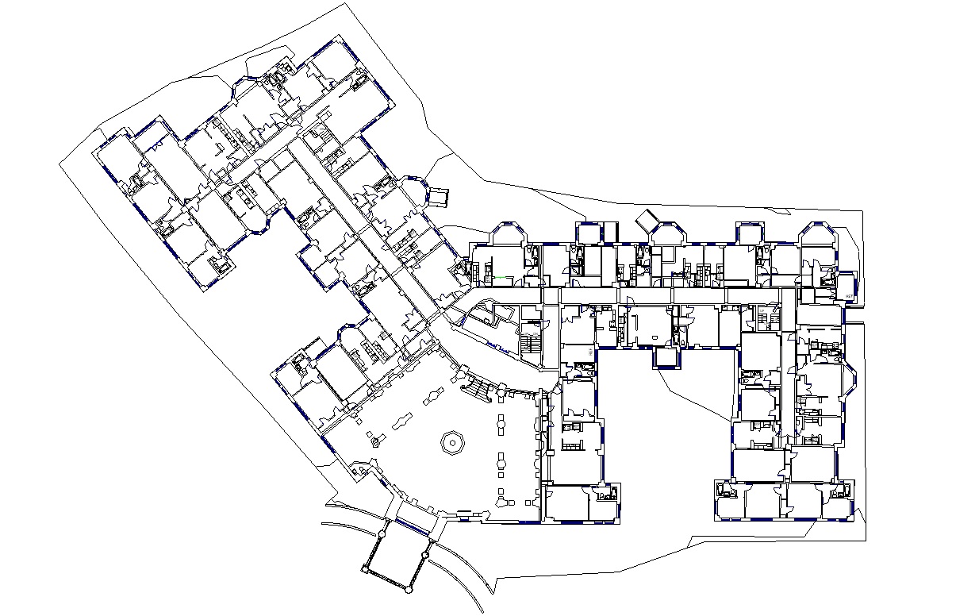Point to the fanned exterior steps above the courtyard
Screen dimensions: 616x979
tap(478, 389)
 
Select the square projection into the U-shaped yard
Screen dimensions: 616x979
tap(665, 358)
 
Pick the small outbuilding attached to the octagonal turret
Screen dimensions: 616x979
tap(439, 196)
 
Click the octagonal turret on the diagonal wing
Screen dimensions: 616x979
tap(413, 190)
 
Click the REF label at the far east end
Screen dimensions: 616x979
tap(849, 296)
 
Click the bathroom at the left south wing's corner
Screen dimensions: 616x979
tap(606, 495)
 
